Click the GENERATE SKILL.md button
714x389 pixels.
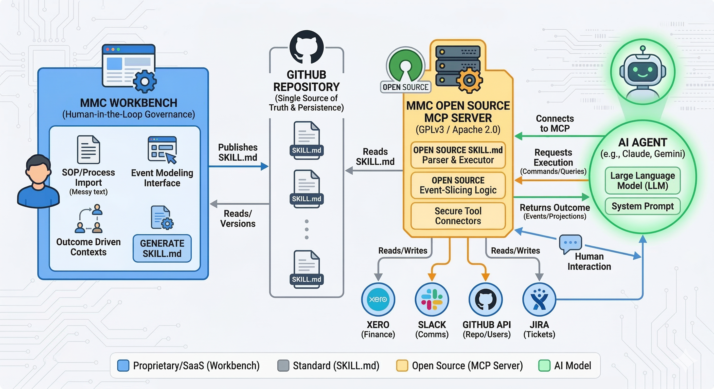(x=162, y=248)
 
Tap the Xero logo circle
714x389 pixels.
(x=378, y=299)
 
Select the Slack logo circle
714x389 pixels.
(x=432, y=299)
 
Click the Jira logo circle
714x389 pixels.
(x=539, y=299)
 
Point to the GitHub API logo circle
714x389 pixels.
(x=486, y=299)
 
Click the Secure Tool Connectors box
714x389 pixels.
(x=458, y=216)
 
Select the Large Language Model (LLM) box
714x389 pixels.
(x=642, y=181)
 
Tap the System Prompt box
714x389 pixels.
(x=642, y=206)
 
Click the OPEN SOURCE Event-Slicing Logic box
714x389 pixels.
(x=458, y=185)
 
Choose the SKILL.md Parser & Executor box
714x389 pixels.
(x=458, y=155)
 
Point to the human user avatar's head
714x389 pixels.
(x=38, y=169)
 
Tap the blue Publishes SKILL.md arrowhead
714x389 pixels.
(x=265, y=166)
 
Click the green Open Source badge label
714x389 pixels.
(x=405, y=87)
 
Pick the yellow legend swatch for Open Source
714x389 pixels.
(x=402, y=365)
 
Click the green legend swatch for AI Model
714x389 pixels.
(x=544, y=365)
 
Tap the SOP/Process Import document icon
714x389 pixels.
(x=88, y=149)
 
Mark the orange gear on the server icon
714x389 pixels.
(x=469, y=80)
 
